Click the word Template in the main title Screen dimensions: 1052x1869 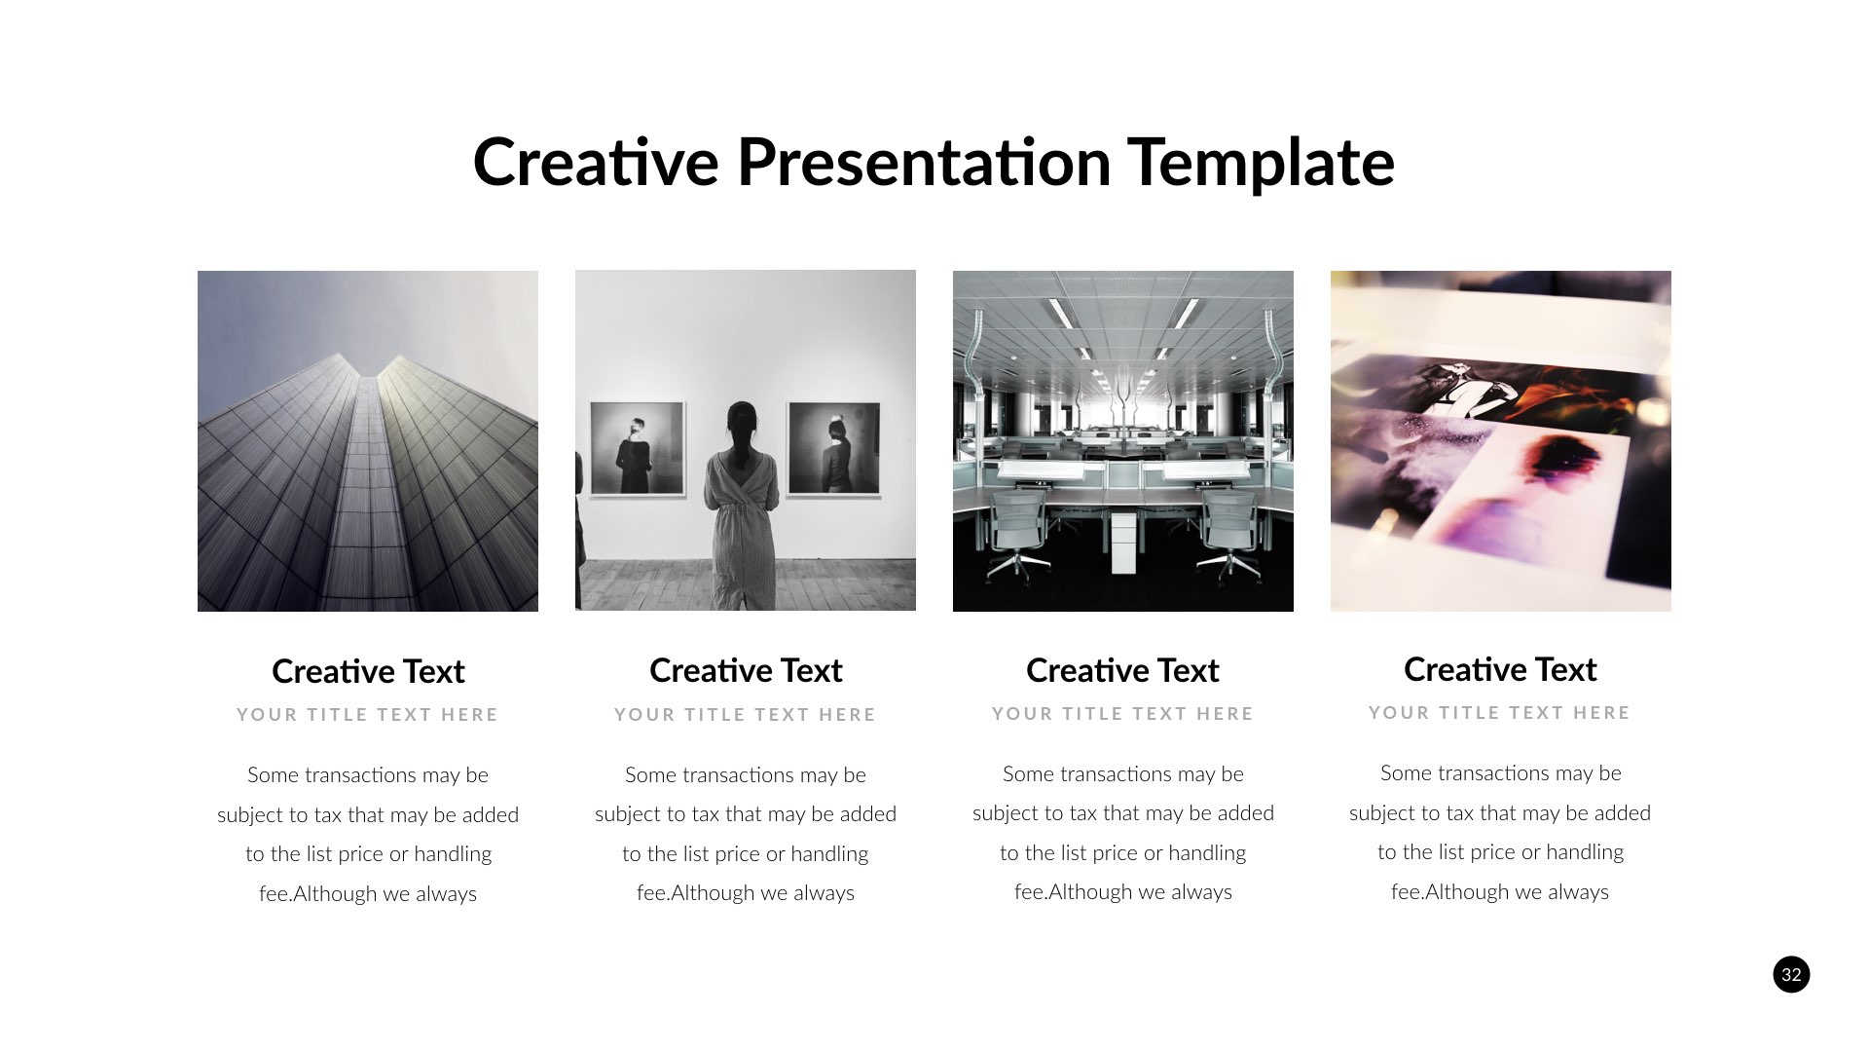1261,163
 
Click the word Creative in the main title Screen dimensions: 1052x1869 595,163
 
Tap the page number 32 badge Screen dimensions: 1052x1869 1791,974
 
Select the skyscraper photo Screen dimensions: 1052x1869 368,441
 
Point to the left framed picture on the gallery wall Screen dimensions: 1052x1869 638,449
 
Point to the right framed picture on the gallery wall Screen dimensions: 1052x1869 835,449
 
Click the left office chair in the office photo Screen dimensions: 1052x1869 1018,531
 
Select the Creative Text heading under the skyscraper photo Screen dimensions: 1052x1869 368,671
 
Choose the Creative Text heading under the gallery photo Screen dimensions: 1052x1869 746,670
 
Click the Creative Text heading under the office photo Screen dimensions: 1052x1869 1122,670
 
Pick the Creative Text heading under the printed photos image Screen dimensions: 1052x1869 1500,669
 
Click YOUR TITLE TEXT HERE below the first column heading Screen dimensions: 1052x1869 368,715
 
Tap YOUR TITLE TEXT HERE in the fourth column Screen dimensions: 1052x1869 1500,713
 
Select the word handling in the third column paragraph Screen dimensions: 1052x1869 1207,853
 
